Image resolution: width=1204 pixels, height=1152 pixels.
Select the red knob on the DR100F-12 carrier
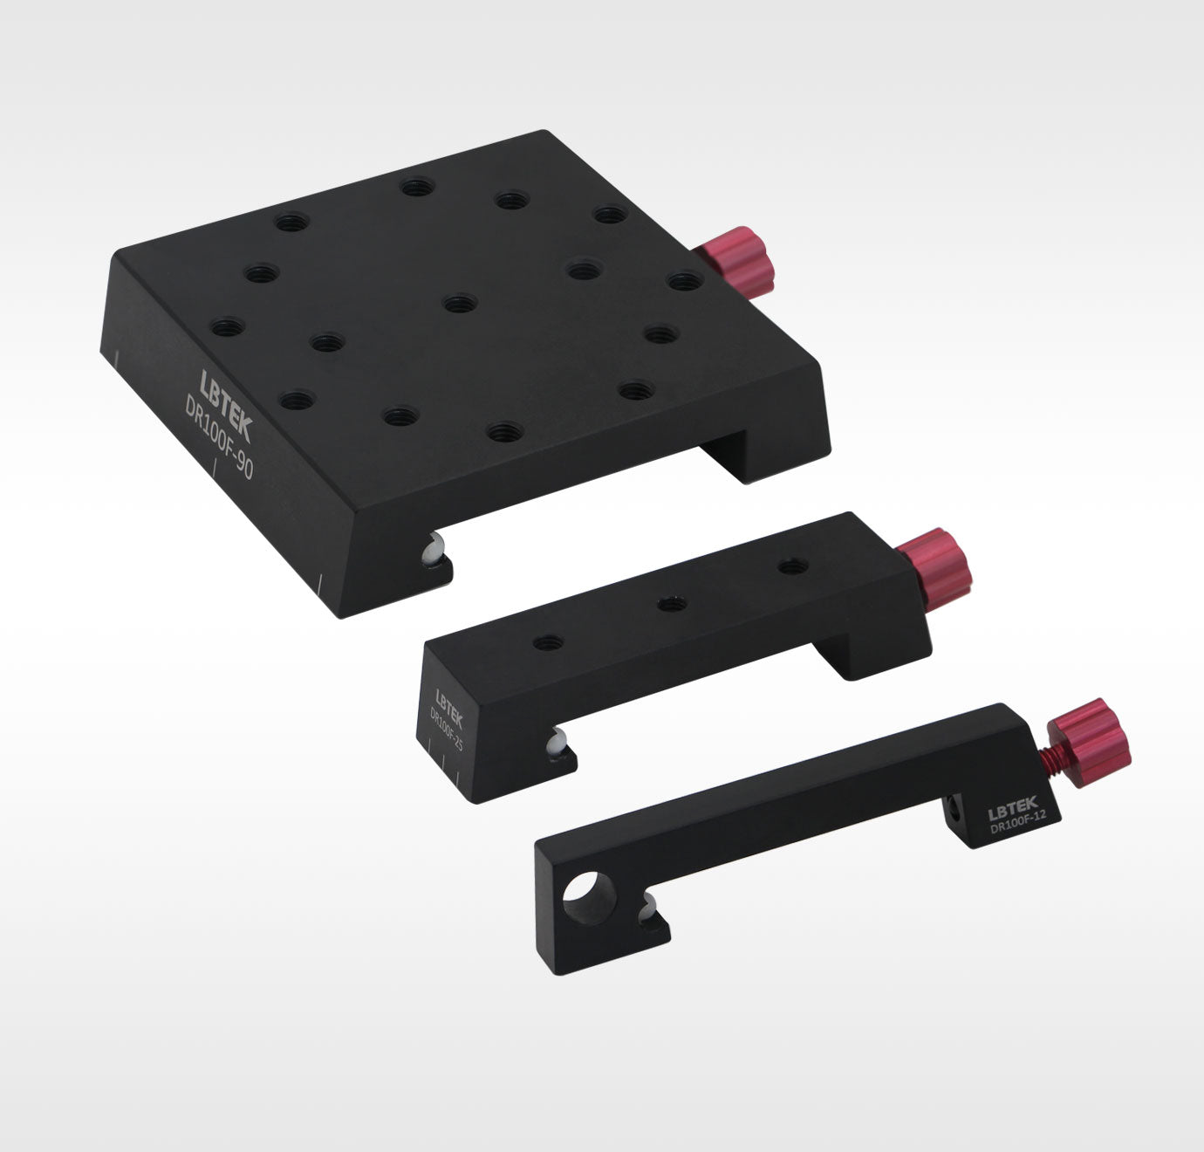point(1092,742)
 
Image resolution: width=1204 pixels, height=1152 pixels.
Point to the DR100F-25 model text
point(446,730)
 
